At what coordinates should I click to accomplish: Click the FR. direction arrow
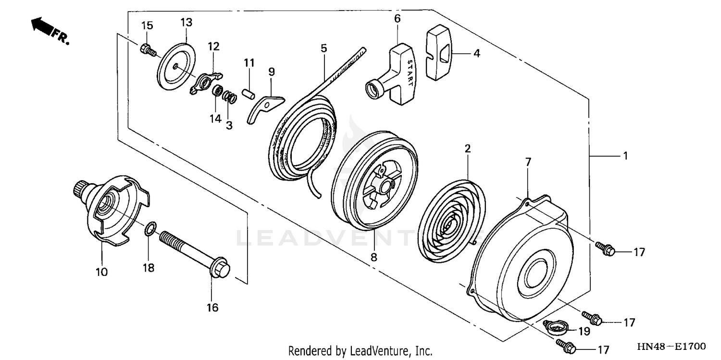point(43,27)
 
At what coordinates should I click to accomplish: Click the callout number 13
point(186,22)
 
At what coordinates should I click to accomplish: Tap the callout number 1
point(625,156)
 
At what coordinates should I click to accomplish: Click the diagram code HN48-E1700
point(671,346)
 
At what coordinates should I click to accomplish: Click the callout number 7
point(528,162)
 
